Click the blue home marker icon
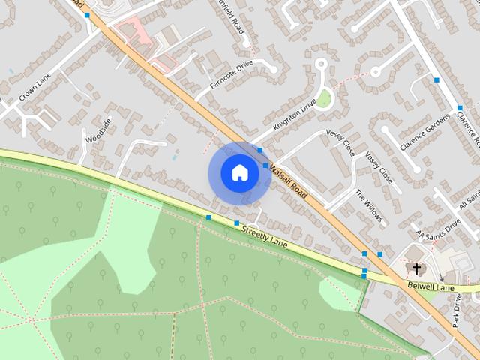pos(239,173)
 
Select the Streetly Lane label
pos(265,237)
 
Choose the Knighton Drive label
pos(295,117)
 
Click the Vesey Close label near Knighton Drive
pos(340,142)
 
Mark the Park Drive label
pos(458,310)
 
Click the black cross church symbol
pos(417,268)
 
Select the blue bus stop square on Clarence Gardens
pos(436,79)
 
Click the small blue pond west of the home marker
pos(174,157)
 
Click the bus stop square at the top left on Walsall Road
pos(87,15)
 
